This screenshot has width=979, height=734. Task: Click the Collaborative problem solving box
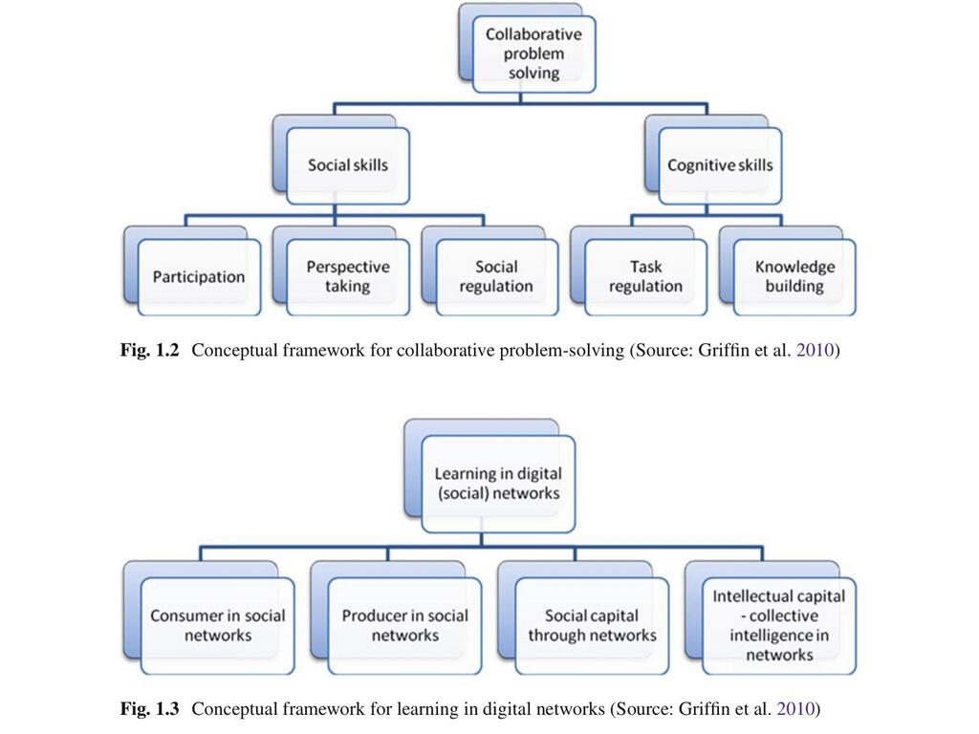click(x=533, y=54)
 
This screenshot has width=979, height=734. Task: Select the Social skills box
click(x=348, y=165)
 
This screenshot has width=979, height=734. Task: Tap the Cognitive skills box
click(x=720, y=165)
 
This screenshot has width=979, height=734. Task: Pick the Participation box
click(x=199, y=277)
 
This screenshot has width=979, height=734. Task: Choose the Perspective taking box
click(x=348, y=277)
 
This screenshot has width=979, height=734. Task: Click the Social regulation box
click(x=496, y=277)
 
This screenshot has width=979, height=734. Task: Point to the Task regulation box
click(x=645, y=277)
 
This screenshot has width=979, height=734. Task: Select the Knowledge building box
click(x=794, y=277)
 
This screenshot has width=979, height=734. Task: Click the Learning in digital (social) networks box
click(x=498, y=484)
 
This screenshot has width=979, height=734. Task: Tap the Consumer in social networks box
click(x=218, y=626)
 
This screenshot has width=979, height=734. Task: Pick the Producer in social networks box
click(x=405, y=626)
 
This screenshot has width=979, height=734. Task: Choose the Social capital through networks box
click(x=592, y=626)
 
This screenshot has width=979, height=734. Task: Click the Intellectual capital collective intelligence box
click(x=779, y=626)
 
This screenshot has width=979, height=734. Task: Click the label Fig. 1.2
click(x=150, y=351)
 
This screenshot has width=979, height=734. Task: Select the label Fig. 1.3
click(x=150, y=709)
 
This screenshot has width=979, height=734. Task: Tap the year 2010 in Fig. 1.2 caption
click(x=815, y=351)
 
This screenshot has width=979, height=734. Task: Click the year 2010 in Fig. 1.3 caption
click(x=795, y=709)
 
